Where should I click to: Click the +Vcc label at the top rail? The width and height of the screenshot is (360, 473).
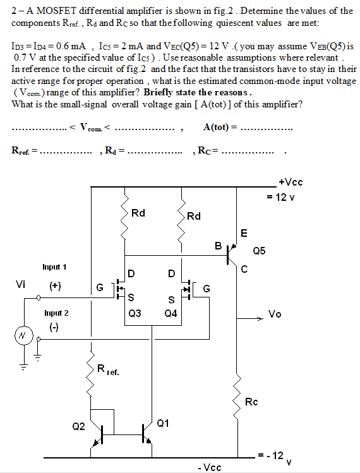pyautogui.click(x=291, y=183)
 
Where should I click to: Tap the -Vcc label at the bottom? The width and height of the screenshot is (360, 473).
pyautogui.click(x=209, y=467)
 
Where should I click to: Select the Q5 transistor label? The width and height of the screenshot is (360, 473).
pyautogui.click(x=259, y=251)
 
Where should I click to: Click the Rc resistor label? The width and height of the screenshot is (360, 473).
pyautogui.click(x=251, y=401)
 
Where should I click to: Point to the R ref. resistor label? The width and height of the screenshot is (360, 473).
pyautogui.click(x=108, y=370)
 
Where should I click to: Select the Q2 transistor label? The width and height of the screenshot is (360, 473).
pyautogui.click(x=78, y=426)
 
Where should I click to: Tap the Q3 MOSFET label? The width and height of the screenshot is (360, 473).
pyautogui.click(x=135, y=313)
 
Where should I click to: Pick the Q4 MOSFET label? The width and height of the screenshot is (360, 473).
pyautogui.click(x=171, y=313)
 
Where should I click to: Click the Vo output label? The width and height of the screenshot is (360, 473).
pyautogui.click(x=275, y=314)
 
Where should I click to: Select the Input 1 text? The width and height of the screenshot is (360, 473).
pyautogui.click(x=55, y=267)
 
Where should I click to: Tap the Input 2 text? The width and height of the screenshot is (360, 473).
pyautogui.click(x=56, y=313)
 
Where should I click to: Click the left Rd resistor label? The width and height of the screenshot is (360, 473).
pyautogui.click(x=138, y=213)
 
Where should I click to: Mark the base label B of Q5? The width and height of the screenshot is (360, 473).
pyautogui.click(x=219, y=246)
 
